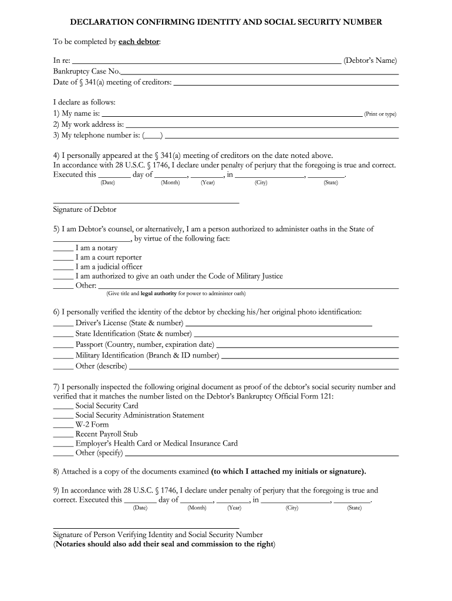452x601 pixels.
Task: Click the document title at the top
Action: tap(226, 22)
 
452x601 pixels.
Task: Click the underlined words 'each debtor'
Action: tap(139, 42)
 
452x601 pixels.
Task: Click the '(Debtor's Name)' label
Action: tap(370, 60)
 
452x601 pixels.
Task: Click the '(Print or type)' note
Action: tap(380, 114)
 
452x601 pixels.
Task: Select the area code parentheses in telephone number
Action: tap(152, 136)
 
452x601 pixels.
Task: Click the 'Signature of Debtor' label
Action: tap(85, 210)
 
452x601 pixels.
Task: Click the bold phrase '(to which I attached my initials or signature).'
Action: tap(289, 471)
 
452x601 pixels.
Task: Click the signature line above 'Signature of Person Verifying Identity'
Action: tap(146, 528)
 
